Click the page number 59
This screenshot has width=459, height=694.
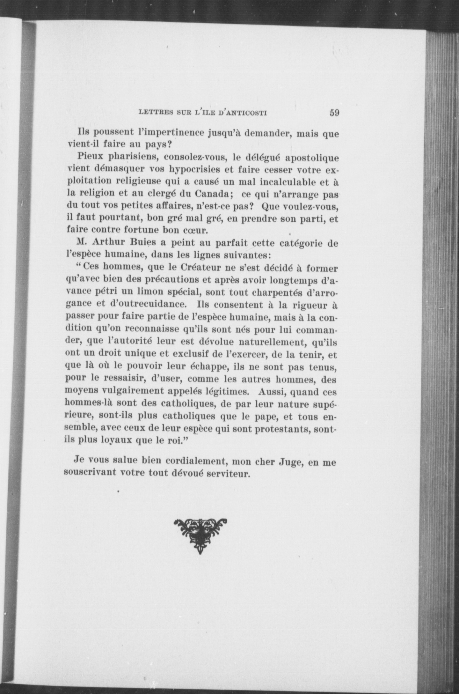point(334,113)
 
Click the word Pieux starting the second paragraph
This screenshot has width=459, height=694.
point(88,157)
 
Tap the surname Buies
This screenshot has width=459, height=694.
point(144,243)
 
